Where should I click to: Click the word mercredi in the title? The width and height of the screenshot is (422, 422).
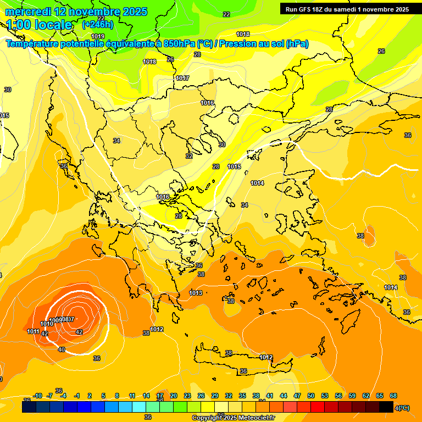tap(29, 12)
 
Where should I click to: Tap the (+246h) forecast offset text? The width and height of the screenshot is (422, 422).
tap(97, 24)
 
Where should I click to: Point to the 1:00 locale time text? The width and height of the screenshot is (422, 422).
tap(39, 25)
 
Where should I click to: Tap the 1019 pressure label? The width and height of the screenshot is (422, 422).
tap(97, 36)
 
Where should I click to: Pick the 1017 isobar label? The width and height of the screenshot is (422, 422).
tap(182, 78)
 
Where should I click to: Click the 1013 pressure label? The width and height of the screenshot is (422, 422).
tap(195, 293)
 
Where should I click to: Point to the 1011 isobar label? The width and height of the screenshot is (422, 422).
tap(33, 331)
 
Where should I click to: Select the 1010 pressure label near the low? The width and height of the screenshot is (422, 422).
tap(47, 324)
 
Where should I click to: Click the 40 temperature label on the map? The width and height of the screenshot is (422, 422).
tap(62, 349)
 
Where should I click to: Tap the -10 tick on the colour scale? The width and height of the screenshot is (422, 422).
tap(37, 396)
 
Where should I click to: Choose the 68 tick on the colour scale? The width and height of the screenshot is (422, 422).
tap(393, 396)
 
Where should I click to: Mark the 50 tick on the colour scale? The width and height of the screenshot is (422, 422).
tap(311, 396)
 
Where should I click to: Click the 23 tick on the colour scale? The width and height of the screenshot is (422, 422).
tap(187, 396)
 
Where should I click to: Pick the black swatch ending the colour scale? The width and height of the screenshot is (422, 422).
tap(386, 407)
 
